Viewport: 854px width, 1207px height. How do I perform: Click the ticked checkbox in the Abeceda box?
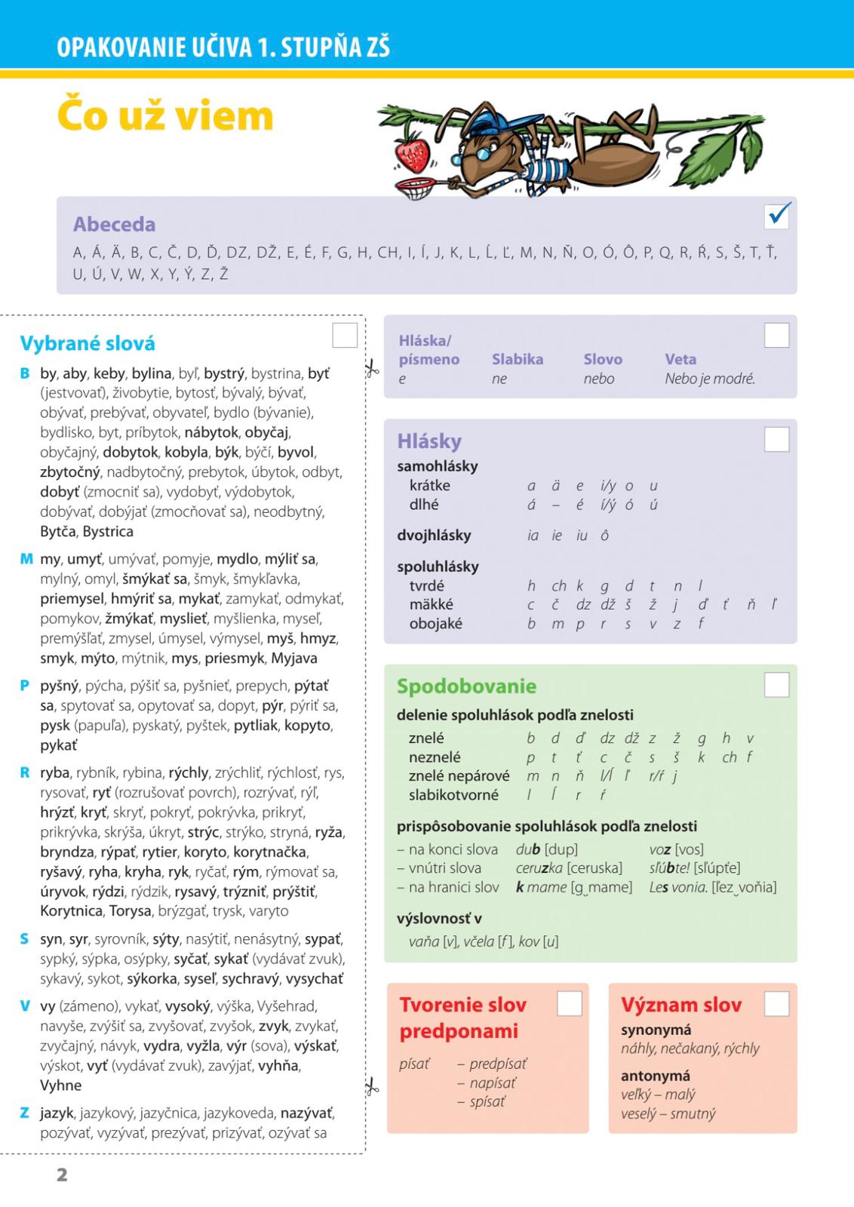tap(777, 216)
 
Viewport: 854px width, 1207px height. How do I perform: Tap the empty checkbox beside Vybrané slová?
tap(345, 336)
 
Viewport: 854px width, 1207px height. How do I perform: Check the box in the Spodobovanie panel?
tap(776, 685)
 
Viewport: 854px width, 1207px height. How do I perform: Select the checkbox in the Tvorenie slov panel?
tap(569, 1003)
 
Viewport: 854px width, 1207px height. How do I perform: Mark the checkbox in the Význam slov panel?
tap(776, 1003)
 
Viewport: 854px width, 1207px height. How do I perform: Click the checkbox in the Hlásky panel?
tap(776, 440)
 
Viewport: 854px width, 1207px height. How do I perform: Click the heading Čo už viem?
tap(165, 117)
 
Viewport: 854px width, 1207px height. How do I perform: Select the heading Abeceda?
tap(114, 224)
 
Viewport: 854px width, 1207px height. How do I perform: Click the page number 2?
tap(62, 1174)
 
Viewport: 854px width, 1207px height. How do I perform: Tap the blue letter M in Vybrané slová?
tap(26, 560)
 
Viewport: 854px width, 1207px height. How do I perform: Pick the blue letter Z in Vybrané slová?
tap(25, 1113)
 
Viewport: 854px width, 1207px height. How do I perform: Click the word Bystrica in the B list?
tap(108, 532)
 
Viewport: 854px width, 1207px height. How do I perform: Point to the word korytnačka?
tap(270, 852)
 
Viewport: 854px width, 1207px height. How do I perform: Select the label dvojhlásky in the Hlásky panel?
tap(434, 536)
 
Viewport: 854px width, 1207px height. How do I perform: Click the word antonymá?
tap(655, 1076)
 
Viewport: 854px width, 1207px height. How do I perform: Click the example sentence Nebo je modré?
tap(709, 379)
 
